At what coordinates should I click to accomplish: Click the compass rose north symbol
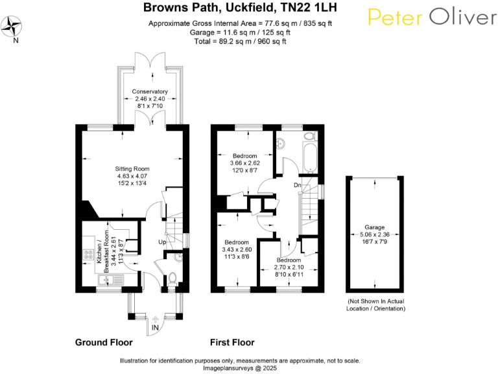pyautogui.click(x=12, y=27)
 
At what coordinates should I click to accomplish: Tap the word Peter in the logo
pyautogui.click(x=396, y=17)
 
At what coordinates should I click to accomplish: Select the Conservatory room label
pyautogui.click(x=150, y=92)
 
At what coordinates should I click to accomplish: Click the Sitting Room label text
pyautogui.click(x=132, y=169)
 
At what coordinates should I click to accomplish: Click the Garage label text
pyautogui.click(x=374, y=227)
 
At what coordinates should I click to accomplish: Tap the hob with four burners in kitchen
pyautogui.click(x=88, y=255)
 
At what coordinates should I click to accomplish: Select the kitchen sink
pyautogui.click(x=110, y=280)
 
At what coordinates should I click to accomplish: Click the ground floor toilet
pyautogui.click(x=172, y=279)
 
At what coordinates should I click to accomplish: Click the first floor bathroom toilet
pyautogui.click(x=310, y=136)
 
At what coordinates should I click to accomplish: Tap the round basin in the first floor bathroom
pyautogui.click(x=280, y=143)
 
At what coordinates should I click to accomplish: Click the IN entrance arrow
pyautogui.click(x=156, y=319)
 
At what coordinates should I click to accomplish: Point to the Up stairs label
pyautogui.click(x=162, y=242)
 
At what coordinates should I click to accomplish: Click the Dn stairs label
pyautogui.click(x=297, y=185)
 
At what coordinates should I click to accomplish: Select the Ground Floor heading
pyautogui.click(x=104, y=343)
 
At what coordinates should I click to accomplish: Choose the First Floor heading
pyautogui.click(x=232, y=343)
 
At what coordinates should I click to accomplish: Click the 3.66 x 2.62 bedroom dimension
pyautogui.click(x=245, y=163)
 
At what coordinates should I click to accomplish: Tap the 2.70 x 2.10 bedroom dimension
pyautogui.click(x=289, y=268)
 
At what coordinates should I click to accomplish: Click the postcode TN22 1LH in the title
pyautogui.click(x=309, y=7)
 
